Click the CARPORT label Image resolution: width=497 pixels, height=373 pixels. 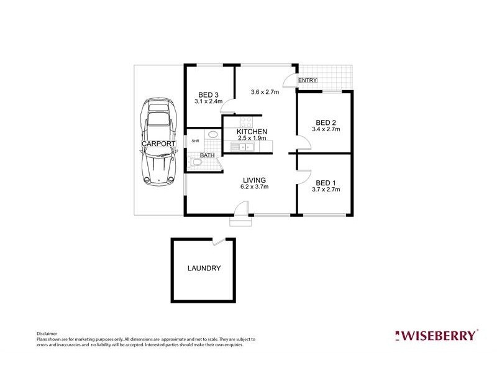coord(158,144)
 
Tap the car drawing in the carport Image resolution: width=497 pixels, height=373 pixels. coord(158,142)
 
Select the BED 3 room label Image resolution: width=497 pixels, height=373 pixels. coord(208,95)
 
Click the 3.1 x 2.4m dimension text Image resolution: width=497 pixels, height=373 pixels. coord(209,101)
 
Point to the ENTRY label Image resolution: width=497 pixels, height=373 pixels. coord(308,80)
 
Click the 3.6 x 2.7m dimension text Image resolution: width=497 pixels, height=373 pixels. coord(265,92)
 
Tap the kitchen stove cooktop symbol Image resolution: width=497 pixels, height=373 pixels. coord(246,122)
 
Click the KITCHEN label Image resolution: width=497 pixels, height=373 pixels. coord(252,132)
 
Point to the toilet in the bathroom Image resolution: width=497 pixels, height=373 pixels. coord(196,163)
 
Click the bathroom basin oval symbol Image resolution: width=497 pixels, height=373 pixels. coord(213,134)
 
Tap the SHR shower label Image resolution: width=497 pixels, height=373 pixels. coord(195,141)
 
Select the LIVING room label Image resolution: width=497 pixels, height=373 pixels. coord(255,180)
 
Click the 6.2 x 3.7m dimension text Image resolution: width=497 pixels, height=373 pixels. coord(255,187)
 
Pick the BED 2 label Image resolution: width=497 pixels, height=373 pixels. coord(326,122)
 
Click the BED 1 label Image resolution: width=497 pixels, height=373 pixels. coord(326,183)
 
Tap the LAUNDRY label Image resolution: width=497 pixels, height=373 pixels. coord(204,269)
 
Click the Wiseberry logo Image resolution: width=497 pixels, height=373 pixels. coord(437,335)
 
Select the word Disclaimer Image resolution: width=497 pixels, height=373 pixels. coord(47,334)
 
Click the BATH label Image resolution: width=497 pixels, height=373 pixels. coord(207,155)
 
